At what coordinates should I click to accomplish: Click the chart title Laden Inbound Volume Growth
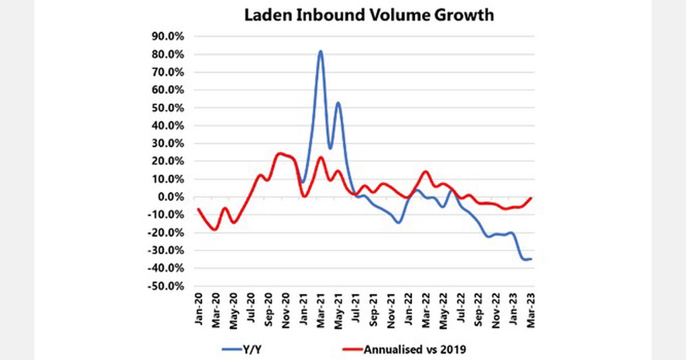pos(369,15)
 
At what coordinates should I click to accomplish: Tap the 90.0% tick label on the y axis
pos(167,37)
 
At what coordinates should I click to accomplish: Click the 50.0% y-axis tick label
pos(167,108)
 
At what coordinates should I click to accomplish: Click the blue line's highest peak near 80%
pos(321,51)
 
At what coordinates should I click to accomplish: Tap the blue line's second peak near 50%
pos(338,103)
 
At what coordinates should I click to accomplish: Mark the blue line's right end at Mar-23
pos(531,259)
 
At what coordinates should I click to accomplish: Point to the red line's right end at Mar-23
pos(532,198)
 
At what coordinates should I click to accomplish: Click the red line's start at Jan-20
pos(198,209)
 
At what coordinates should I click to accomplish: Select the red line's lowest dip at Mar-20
pos(215,230)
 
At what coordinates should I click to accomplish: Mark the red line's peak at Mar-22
pos(425,171)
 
